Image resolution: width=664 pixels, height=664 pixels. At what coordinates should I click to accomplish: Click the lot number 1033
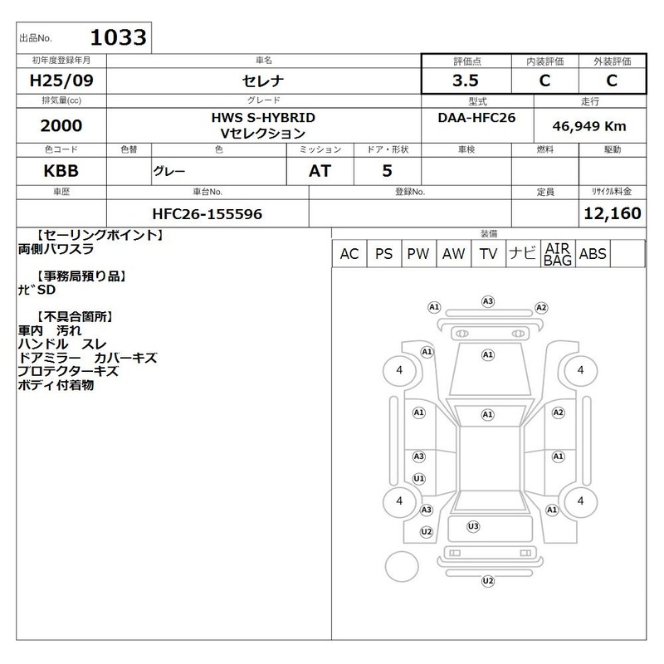point(118,37)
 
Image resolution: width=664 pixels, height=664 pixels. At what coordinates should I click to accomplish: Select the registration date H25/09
point(61,80)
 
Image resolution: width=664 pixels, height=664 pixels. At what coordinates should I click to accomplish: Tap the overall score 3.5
point(466,80)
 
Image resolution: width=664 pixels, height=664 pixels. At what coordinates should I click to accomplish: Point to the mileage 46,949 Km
point(589,126)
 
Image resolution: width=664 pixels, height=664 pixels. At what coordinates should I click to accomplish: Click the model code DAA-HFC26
point(476,117)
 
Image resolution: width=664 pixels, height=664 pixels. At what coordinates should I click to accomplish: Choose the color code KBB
point(61,171)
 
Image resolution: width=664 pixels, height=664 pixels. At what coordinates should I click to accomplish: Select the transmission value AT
point(320,171)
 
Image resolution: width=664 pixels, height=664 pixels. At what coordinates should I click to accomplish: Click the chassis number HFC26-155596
point(207,214)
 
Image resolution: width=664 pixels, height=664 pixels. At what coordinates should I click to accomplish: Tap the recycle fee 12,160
point(613,213)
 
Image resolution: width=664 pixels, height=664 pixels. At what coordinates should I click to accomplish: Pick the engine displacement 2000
point(61,125)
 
